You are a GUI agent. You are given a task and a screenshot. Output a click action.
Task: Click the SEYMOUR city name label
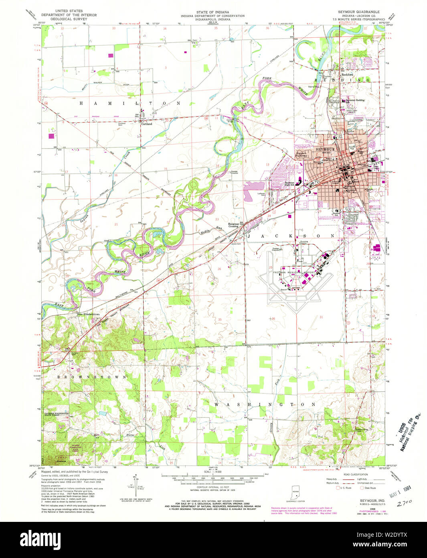(325, 149)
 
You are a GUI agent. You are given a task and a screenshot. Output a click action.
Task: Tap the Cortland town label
(146, 124)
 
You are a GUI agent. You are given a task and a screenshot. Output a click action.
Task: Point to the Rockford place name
(347, 75)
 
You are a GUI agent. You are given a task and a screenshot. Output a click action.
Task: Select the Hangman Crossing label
(233, 225)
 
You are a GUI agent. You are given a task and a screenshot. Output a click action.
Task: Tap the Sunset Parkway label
(302, 154)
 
